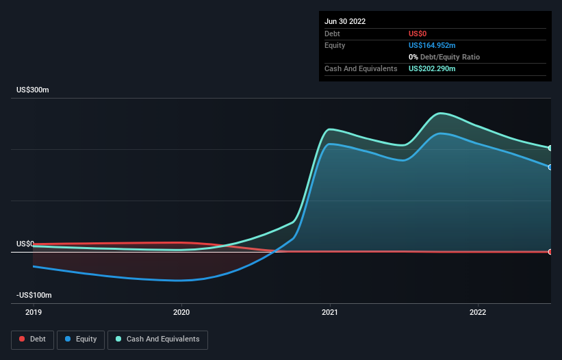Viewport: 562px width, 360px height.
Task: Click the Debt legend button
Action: [x=33, y=339]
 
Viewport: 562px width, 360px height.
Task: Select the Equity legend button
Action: [x=81, y=339]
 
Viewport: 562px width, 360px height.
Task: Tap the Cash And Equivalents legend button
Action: [x=157, y=339]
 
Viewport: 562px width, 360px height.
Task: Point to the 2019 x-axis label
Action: [x=33, y=312]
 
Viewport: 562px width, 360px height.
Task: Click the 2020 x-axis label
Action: [x=181, y=312]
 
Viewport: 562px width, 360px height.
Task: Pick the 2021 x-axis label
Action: [x=330, y=312]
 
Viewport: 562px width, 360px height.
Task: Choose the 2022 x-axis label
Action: [x=478, y=312]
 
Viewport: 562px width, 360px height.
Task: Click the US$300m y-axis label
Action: [x=33, y=90]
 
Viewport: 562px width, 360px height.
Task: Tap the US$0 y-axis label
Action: [x=25, y=244]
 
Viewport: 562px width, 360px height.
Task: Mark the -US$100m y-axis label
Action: [x=34, y=295]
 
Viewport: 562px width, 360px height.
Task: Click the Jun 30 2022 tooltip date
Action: [x=345, y=21]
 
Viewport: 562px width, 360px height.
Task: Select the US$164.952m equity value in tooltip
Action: [x=432, y=45]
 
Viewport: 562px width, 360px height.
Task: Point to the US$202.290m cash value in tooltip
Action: [x=432, y=68]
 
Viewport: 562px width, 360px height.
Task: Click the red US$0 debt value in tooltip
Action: [x=418, y=34]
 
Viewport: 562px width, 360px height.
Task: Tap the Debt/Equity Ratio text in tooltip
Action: [x=448, y=57]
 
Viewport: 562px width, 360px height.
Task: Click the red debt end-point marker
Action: [x=550, y=252]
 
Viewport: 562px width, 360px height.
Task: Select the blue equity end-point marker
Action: [x=550, y=167]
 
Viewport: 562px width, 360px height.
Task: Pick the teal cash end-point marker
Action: [x=550, y=148]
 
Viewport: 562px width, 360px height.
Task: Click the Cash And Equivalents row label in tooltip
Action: [x=361, y=68]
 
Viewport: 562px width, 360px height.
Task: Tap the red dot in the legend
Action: [x=23, y=339]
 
